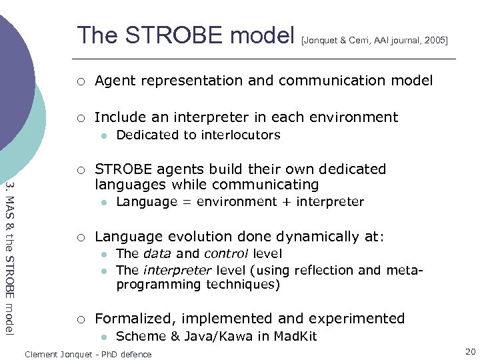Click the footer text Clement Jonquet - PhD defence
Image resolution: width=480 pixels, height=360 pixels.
[88, 354]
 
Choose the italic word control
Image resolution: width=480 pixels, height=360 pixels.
[226, 253]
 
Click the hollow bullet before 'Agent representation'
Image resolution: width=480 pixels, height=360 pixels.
[80, 81]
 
